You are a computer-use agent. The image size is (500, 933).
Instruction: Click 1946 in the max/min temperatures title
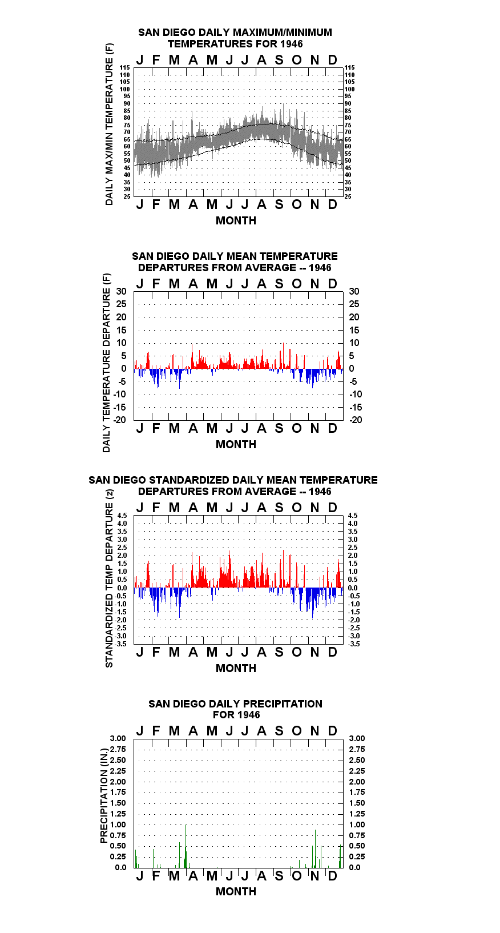pyautogui.click(x=292, y=44)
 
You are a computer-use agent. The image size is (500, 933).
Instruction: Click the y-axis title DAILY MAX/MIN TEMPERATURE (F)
pyautogui.click(x=109, y=124)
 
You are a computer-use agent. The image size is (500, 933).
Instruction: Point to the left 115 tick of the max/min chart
pyautogui.click(x=125, y=67)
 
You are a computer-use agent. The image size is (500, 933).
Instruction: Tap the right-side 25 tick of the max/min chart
pyautogui.click(x=348, y=196)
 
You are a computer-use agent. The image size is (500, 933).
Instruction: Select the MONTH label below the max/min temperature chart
pyautogui.click(x=236, y=221)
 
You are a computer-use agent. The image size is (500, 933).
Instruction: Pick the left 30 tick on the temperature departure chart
pyautogui.click(x=121, y=291)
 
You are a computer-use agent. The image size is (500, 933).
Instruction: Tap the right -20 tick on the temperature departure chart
pyautogui.click(x=356, y=420)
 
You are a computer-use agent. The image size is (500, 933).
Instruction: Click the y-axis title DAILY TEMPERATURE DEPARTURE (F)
pyautogui.click(x=107, y=363)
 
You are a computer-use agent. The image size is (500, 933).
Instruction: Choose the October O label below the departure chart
pyautogui.click(x=296, y=428)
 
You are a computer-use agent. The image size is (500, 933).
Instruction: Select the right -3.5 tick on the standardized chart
pyautogui.click(x=354, y=644)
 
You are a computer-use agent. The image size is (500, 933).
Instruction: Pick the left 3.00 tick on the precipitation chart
pyautogui.click(x=118, y=738)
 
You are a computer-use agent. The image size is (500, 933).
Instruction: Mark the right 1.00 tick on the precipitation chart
pyautogui.click(x=357, y=825)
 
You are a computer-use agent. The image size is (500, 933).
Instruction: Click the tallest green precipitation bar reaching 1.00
pyautogui.click(x=186, y=846)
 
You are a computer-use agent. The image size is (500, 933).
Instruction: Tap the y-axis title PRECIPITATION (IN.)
pyautogui.click(x=104, y=796)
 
